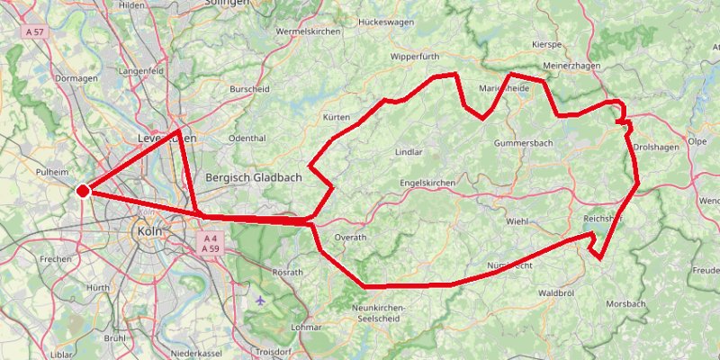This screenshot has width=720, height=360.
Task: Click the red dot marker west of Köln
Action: click(82, 191)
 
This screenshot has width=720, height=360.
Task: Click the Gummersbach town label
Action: click(523, 144)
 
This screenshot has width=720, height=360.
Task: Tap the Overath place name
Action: click(351, 238)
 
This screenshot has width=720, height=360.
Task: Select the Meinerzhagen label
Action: click(577, 67)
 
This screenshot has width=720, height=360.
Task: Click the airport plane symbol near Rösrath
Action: click(261, 300)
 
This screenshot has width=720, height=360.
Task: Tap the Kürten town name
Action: click(336, 118)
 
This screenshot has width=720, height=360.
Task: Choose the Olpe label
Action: click(697, 142)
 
